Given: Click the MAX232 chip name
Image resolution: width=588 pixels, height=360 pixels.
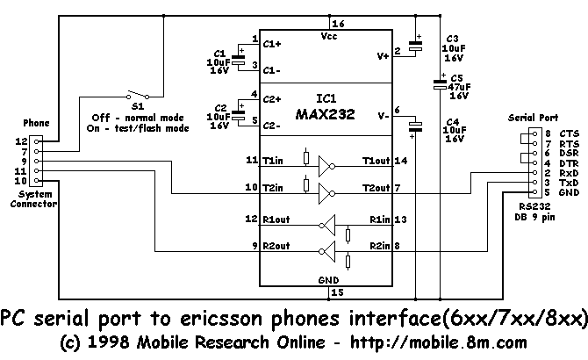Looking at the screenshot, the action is click(325, 114).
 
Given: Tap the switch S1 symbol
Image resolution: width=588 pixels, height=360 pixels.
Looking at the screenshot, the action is click(138, 95).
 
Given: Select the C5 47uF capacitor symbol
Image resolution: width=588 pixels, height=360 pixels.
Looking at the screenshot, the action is click(440, 84).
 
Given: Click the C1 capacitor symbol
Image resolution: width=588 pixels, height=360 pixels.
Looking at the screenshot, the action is click(238, 60).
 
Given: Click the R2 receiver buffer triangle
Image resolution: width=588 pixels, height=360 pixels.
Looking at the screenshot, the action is click(327, 252).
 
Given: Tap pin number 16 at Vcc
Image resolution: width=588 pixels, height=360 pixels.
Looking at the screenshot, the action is click(338, 24).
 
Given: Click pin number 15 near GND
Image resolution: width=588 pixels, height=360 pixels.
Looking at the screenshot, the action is click(338, 292).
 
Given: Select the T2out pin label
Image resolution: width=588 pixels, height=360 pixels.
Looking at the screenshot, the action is click(376, 188).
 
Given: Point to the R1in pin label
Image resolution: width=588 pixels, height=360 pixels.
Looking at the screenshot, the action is click(380, 220).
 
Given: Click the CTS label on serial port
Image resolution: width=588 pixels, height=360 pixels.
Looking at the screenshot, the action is click(570, 133).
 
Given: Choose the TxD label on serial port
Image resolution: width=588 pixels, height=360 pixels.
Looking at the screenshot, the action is click(569, 183).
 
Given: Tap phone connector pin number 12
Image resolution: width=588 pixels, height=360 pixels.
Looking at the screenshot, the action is click(21, 141).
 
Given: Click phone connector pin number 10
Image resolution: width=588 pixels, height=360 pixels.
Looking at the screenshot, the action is click(21, 181).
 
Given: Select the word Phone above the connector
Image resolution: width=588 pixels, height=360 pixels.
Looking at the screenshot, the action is click(36, 123).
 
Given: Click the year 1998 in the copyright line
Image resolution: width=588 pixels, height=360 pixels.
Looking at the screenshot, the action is click(109, 342).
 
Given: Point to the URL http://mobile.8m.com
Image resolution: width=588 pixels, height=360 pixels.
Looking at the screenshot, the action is click(439, 342).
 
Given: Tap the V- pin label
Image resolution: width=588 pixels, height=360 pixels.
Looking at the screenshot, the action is click(384, 116).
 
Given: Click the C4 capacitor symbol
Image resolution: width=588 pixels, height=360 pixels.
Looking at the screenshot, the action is click(415, 126).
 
